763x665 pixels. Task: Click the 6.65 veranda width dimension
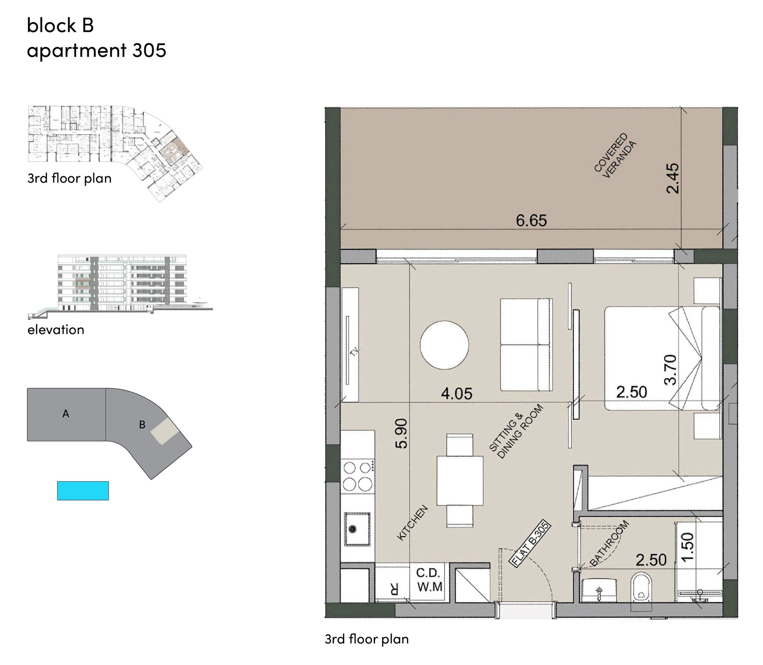(531, 221)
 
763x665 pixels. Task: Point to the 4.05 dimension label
(457, 394)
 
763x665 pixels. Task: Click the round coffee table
(444, 345)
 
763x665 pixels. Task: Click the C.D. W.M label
(429, 580)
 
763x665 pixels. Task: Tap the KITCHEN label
(412, 523)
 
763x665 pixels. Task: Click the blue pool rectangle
(83, 491)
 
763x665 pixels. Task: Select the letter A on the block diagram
(66, 413)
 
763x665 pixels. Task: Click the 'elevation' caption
(56, 330)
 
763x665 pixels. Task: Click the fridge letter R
(394, 589)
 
